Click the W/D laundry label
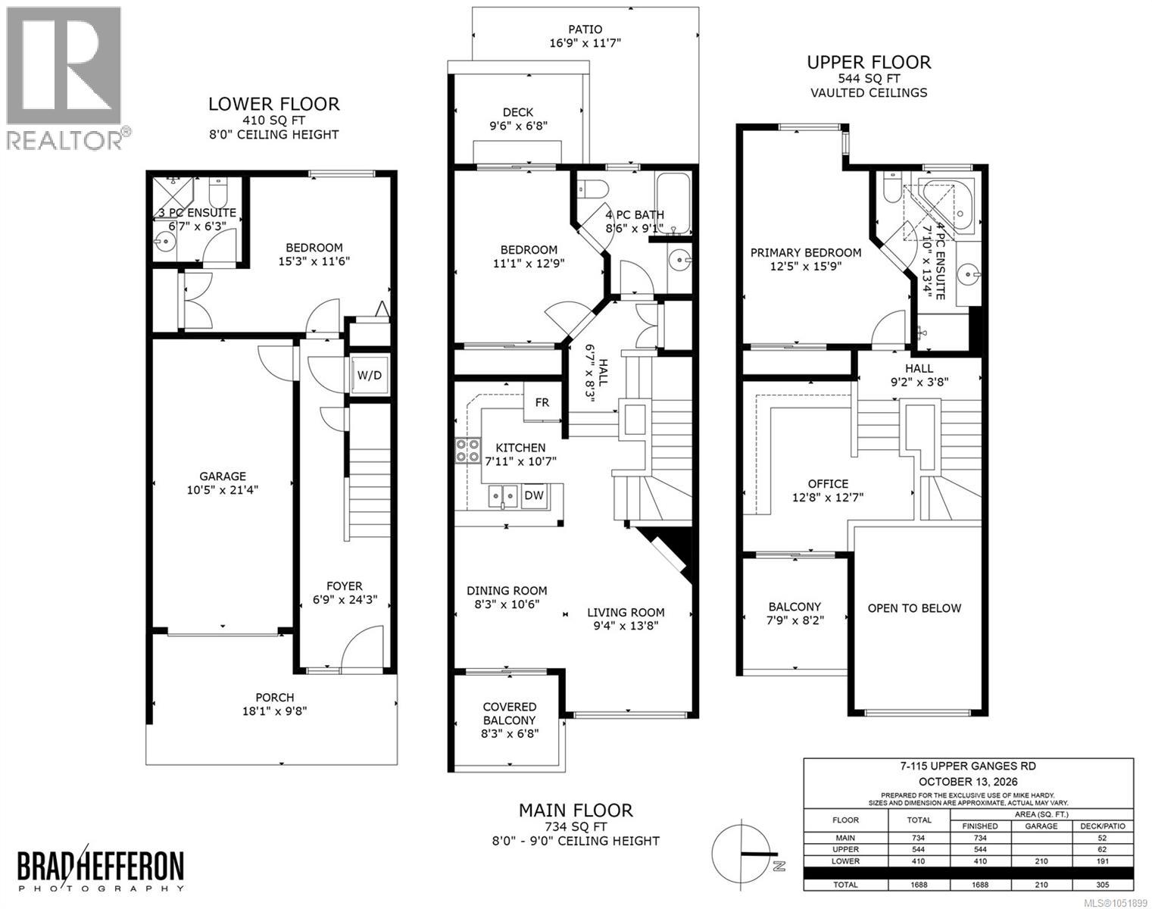point(370,375)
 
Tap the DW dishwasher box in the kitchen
point(534,495)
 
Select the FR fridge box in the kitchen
point(542,402)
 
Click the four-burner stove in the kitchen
point(467,450)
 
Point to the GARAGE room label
point(223,476)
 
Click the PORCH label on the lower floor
point(275,697)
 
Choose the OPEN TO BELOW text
point(914,608)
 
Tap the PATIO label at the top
point(585,30)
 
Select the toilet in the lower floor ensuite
point(218,190)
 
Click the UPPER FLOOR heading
point(869,62)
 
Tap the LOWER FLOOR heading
point(274,104)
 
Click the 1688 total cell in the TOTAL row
point(919,885)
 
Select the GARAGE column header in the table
point(1041,826)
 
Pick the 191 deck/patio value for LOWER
point(1102,861)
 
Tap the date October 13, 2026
point(968,782)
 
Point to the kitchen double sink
point(503,496)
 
